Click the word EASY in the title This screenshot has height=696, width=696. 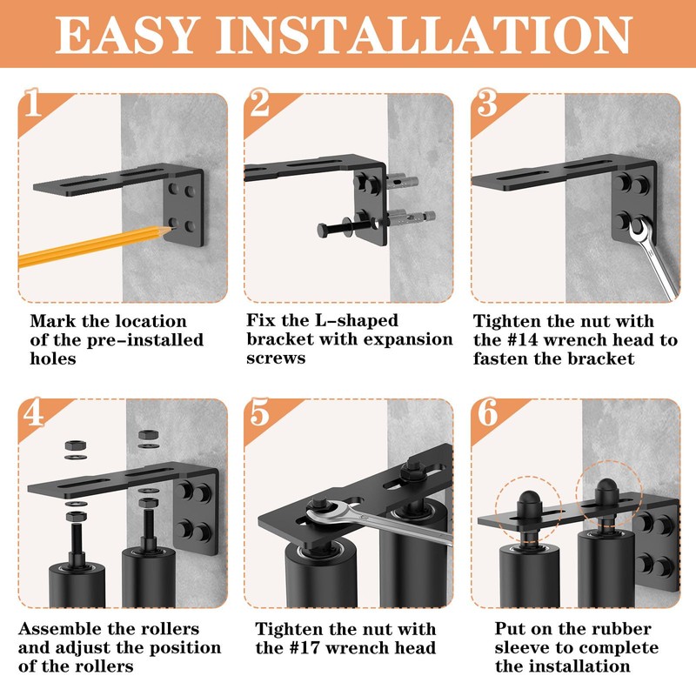tap(126, 35)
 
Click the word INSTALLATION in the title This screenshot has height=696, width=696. tap(424, 35)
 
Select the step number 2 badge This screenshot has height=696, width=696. tap(259, 103)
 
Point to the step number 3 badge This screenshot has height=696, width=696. tap(487, 103)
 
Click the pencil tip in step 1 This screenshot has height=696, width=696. tap(171, 229)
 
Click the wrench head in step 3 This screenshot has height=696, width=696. tap(640, 231)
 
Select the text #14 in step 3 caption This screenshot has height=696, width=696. tap(519, 340)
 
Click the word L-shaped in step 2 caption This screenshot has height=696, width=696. tap(357, 320)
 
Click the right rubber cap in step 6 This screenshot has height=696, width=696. tap(606, 491)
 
